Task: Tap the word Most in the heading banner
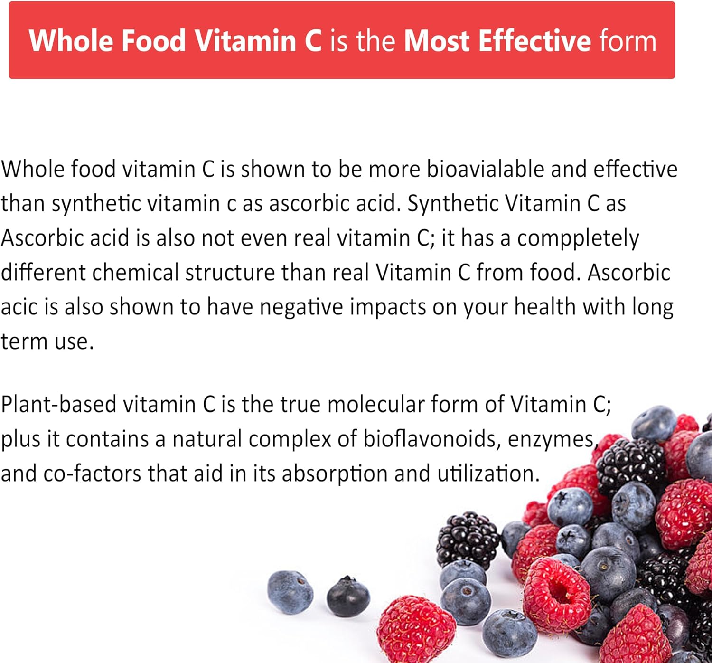[437, 41]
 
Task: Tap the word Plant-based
[59, 404]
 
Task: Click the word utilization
[488, 473]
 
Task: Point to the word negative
[301, 308]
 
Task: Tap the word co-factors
[92, 473]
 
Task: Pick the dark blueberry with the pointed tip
[348, 598]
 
